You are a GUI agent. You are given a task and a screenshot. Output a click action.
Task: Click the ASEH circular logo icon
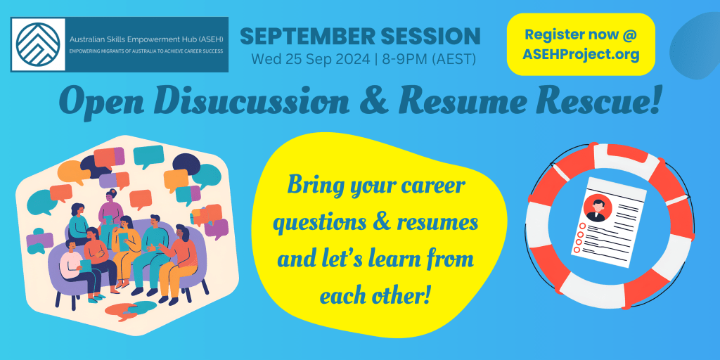coord(38,44)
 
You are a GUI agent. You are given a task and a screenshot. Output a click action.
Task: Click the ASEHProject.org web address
coord(581,55)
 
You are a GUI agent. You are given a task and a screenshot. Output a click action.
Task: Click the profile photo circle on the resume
coord(598,208)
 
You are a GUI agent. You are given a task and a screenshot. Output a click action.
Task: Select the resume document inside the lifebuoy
coord(608,221)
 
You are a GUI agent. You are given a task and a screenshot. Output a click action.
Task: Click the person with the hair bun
coord(110,207)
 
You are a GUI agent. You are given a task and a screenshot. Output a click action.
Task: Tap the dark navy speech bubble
coord(186,162)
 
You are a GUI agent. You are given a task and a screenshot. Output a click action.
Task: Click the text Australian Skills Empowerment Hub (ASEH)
coord(146,39)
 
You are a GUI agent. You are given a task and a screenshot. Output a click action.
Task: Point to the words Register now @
coord(581,34)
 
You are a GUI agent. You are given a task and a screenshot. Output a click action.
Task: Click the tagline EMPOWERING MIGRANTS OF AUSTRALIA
coord(146,51)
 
